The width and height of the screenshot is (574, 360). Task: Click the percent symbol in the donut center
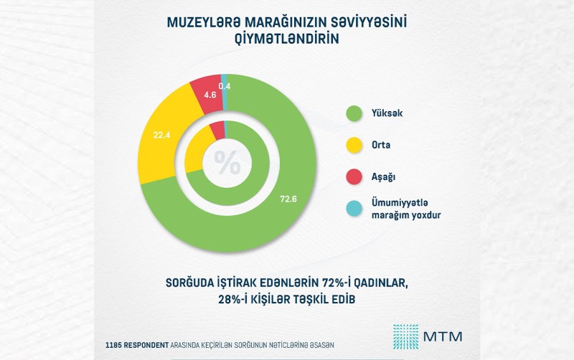227,164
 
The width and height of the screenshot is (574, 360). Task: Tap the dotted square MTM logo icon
405,336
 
